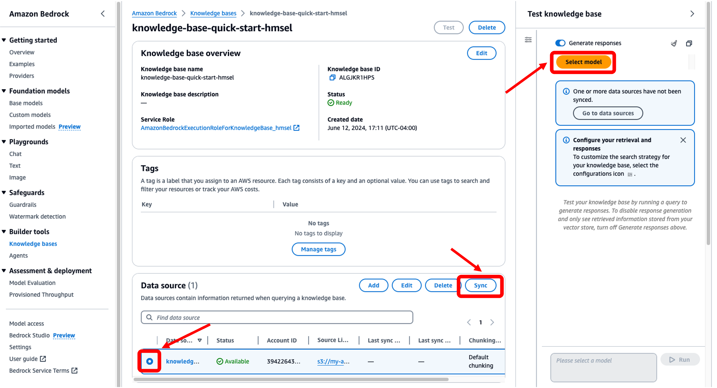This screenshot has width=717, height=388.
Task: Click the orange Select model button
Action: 584,62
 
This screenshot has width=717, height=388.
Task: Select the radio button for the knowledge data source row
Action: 150,361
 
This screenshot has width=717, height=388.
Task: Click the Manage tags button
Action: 318,249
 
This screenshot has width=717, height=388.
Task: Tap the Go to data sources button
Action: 608,113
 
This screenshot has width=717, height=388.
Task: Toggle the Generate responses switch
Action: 560,43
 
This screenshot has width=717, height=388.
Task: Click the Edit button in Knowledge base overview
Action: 481,53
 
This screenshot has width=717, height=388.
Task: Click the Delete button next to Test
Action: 487,28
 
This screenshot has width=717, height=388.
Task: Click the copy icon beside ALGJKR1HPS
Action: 332,78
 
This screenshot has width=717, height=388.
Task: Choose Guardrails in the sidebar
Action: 23,205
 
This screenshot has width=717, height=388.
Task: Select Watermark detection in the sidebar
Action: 38,216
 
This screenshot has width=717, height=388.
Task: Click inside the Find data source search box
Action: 277,317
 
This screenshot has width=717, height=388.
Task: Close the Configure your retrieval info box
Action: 683,140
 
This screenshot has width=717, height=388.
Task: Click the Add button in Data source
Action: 373,285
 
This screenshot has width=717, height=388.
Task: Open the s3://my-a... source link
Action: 333,361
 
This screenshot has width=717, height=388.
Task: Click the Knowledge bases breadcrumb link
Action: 213,13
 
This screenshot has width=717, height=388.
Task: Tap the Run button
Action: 680,360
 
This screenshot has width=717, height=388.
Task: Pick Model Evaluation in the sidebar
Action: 32,283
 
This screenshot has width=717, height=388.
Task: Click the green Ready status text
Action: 344,103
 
